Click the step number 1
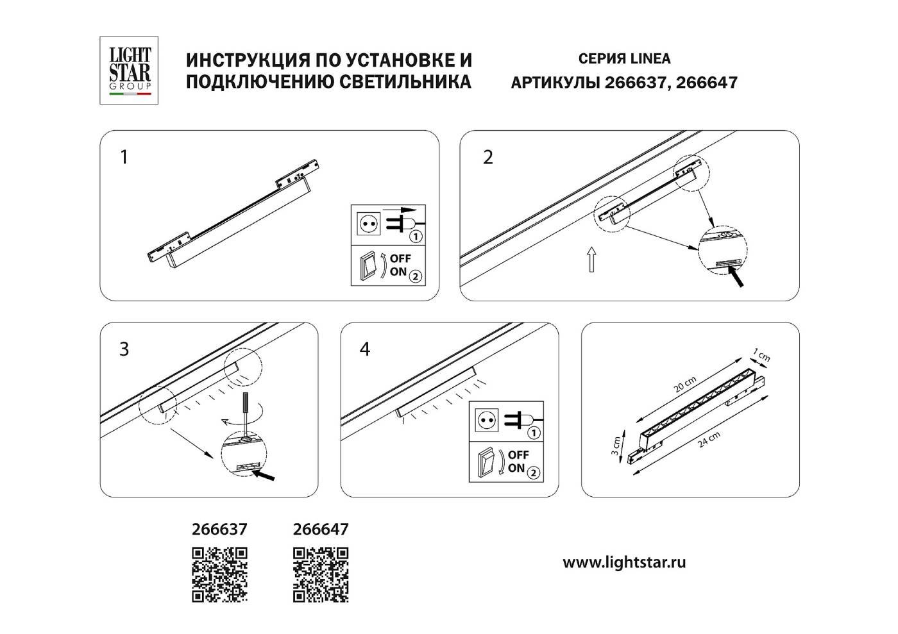point(124,157)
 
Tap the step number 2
point(488,157)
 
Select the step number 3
point(124,349)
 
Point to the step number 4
point(365,349)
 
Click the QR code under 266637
point(219,574)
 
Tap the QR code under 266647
point(321,574)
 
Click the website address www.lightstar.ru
point(624,563)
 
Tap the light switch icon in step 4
point(490,462)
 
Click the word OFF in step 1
point(401,258)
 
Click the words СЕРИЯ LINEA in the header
point(624,59)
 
